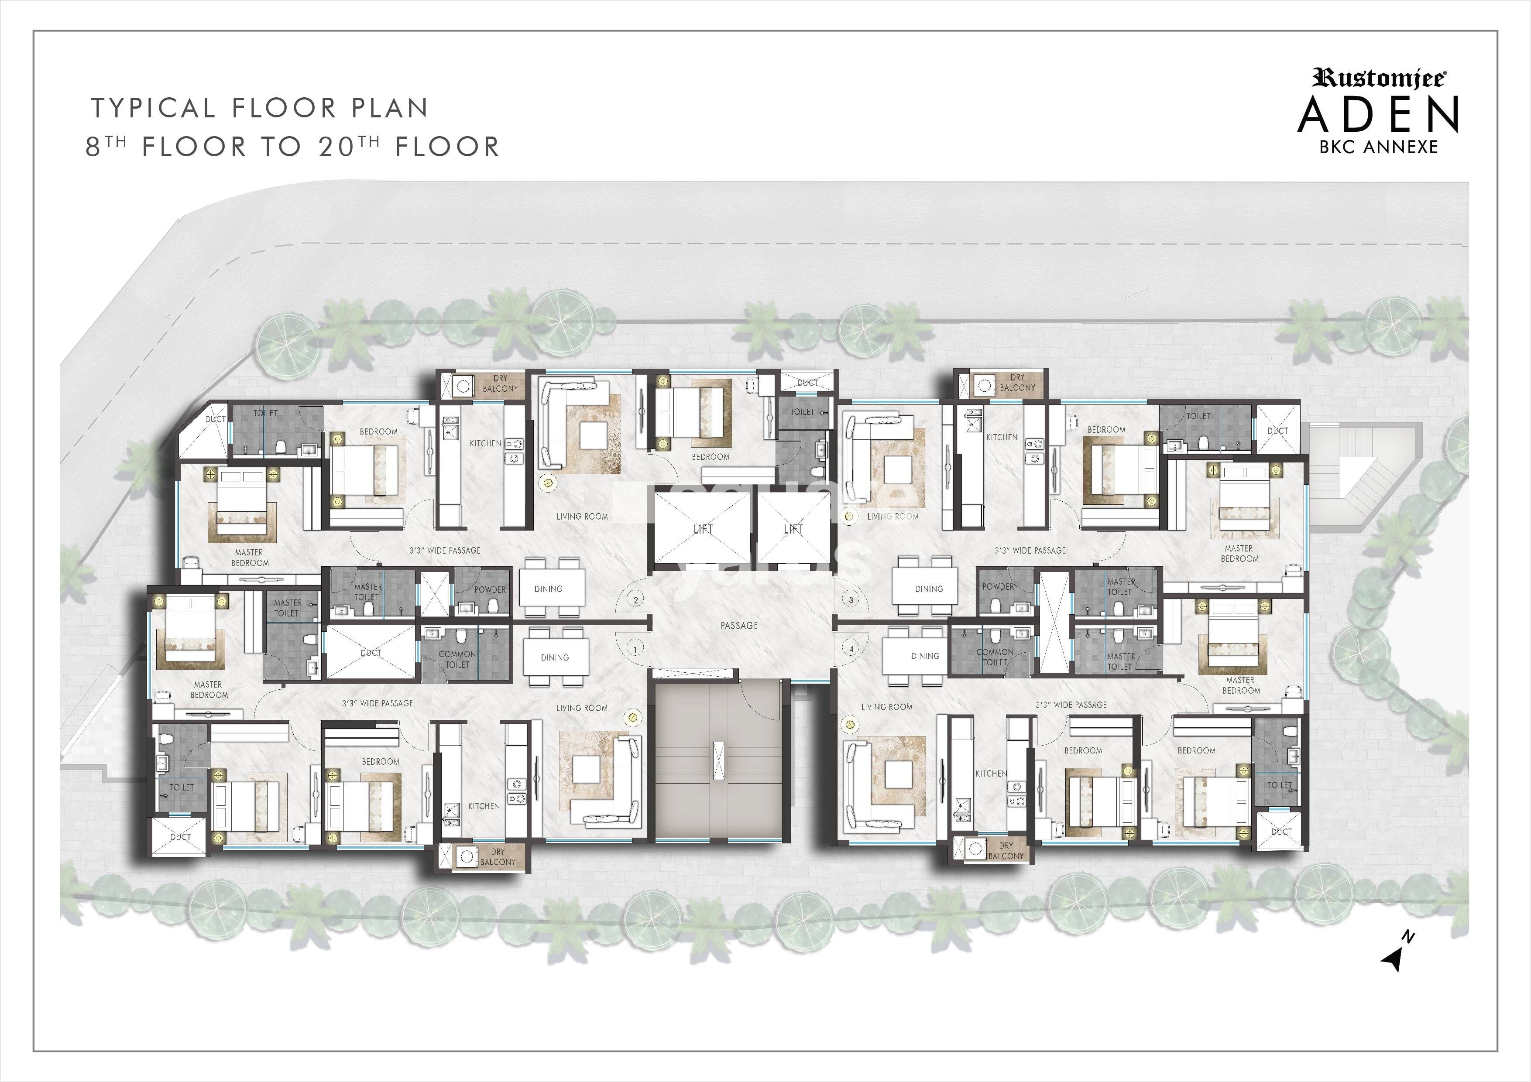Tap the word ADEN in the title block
coord(1378,115)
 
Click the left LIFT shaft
coord(703,529)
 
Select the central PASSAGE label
coord(739,625)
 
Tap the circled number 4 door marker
coord(851,648)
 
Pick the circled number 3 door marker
coord(851,600)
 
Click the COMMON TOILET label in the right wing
coord(995,657)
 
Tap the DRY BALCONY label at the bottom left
coord(498,857)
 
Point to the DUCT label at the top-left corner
coord(215,419)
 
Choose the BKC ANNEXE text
coord(1378,147)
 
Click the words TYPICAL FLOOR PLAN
coord(259,108)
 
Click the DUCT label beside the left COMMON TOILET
coord(371,653)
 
